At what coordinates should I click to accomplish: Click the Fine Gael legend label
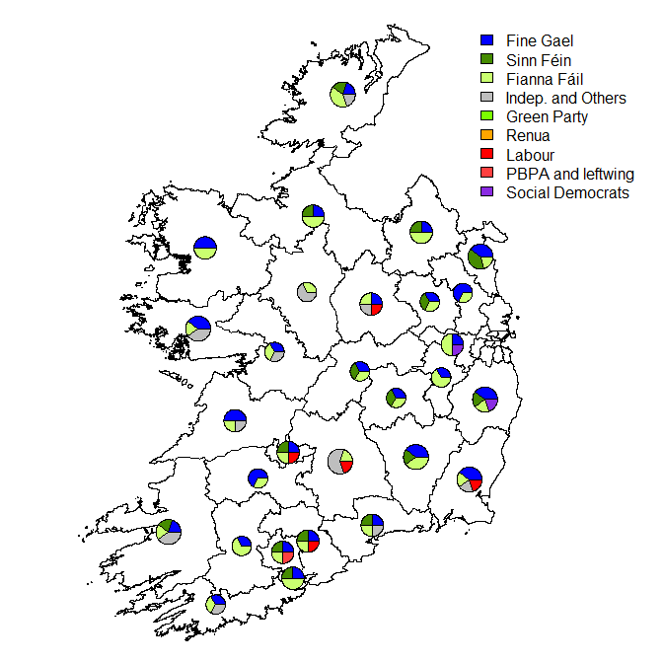pyautogui.click(x=539, y=41)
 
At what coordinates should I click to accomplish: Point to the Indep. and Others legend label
pyautogui.click(x=565, y=98)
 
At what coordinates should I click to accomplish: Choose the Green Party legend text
pyautogui.click(x=547, y=117)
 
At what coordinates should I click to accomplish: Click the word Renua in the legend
pyautogui.click(x=528, y=136)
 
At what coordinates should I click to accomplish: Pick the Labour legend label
pyautogui.click(x=530, y=155)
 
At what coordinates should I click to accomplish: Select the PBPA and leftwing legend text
pyautogui.click(x=569, y=174)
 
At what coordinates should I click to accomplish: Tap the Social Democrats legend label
pyautogui.click(x=567, y=192)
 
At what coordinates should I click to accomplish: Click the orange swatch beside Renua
pyautogui.click(x=486, y=136)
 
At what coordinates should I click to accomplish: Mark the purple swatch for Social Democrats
pyautogui.click(x=486, y=192)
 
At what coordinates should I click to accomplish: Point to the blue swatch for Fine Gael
pyautogui.click(x=486, y=41)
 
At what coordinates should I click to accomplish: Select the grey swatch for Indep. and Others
pyautogui.click(x=486, y=98)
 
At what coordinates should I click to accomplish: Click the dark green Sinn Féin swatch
pyautogui.click(x=486, y=60)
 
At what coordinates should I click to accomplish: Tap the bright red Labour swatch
pyautogui.click(x=486, y=155)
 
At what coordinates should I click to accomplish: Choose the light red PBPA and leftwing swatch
pyautogui.click(x=486, y=174)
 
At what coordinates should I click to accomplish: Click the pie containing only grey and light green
pyautogui.click(x=307, y=292)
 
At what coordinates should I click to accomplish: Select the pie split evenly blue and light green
pyautogui.click(x=205, y=247)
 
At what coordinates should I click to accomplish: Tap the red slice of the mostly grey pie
pyautogui.click(x=346, y=467)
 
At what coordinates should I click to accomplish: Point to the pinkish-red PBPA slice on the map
pyautogui.click(x=287, y=557)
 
